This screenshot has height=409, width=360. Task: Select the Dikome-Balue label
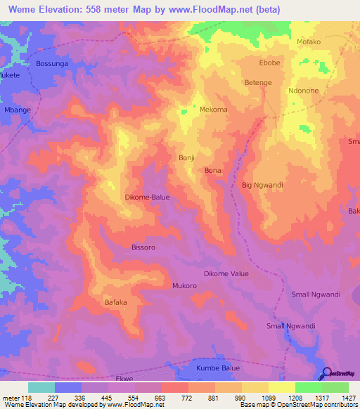point(147,197)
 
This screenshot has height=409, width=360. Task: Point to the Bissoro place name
point(143,247)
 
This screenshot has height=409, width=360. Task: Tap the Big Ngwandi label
point(262,185)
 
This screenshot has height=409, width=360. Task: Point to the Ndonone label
point(305,91)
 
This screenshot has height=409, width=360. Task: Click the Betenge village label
point(258,82)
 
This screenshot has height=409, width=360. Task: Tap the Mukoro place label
point(184,286)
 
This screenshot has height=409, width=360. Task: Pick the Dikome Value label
point(226,273)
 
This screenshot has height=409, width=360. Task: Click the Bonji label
point(187,158)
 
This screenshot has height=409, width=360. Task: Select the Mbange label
point(17,110)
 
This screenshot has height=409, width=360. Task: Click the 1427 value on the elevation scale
point(349,397)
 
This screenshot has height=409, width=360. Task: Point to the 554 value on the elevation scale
point(135,397)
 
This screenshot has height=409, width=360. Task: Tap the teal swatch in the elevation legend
point(41,387)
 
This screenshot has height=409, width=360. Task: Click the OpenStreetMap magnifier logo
point(328,373)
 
